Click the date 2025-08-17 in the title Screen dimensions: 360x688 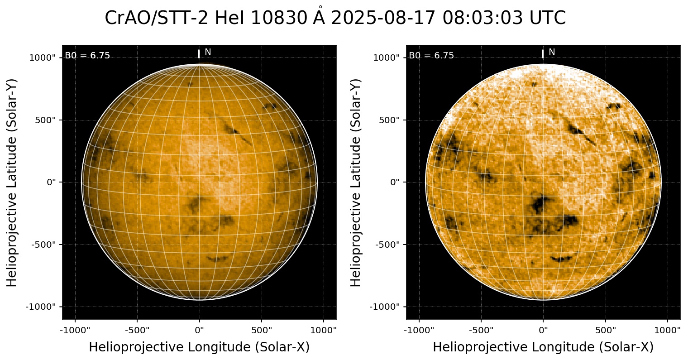point(383,19)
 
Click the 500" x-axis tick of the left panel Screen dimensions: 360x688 point(262,329)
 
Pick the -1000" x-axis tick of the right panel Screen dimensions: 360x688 point(419,329)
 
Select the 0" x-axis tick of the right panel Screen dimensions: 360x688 point(543,329)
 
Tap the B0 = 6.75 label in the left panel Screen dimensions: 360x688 point(87,56)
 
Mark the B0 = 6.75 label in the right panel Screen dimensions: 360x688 point(431,56)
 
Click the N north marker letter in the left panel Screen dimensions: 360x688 point(208,52)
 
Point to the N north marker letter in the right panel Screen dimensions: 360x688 point(552,52)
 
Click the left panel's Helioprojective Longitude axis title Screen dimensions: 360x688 point(199,347)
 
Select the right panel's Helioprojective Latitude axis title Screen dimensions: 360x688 point(356,182)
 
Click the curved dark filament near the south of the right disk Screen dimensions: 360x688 point(562,259)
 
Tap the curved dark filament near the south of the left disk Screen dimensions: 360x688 point(218,259)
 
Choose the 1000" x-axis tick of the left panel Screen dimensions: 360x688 point(324,329)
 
